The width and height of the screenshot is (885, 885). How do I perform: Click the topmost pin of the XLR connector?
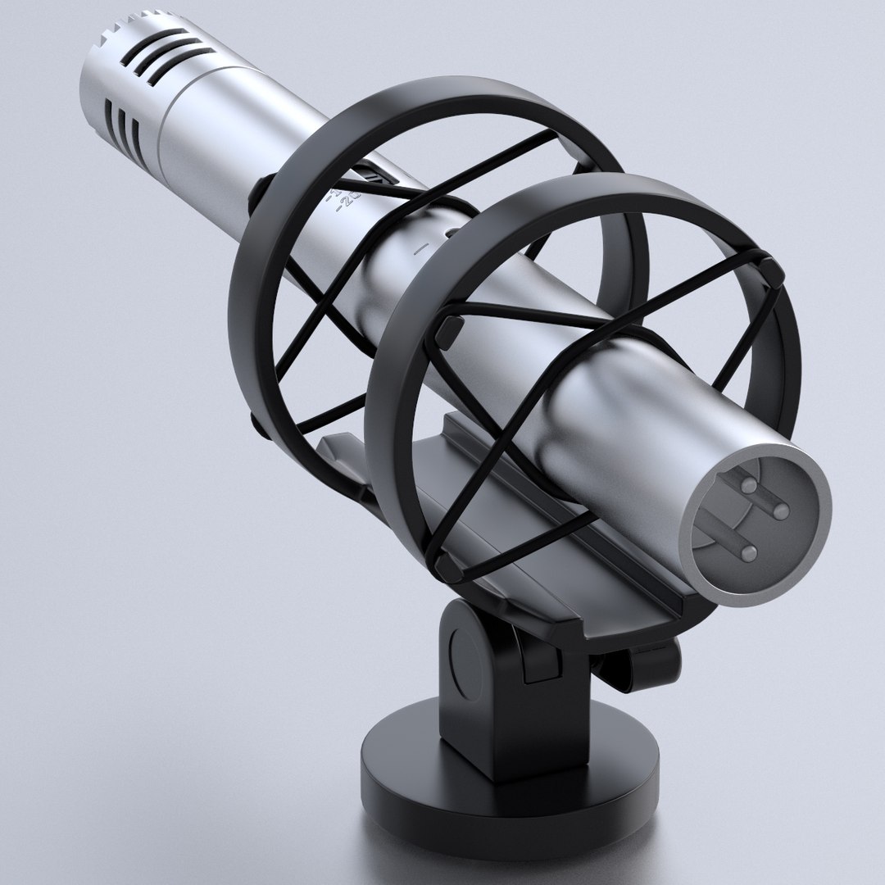748,485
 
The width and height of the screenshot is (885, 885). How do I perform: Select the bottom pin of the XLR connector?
747,552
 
